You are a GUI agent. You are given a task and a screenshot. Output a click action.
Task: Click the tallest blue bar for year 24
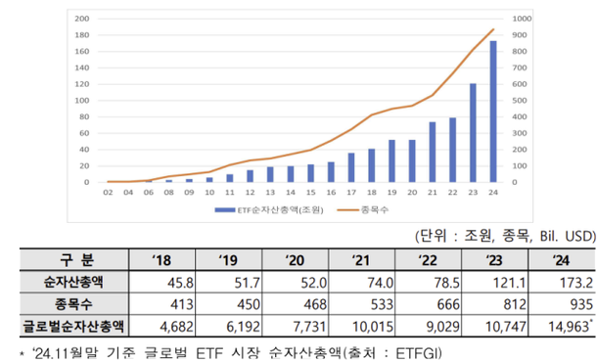click(492, 112)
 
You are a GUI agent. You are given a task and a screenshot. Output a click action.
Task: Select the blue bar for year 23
click(473, 133)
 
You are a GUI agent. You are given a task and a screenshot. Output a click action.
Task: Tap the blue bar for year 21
click(433, 153)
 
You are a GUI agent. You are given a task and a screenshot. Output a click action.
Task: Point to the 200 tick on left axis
click(82, 19)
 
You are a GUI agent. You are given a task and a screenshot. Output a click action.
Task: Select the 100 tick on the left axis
click(82, 101)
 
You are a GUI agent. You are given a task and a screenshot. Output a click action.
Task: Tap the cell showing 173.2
click(563, 281)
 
